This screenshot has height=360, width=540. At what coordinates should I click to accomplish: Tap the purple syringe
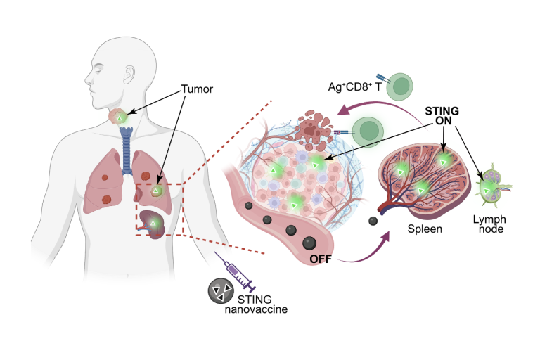(x=238, y=275)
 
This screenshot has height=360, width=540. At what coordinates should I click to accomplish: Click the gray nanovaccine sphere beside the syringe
(x=221, y=292)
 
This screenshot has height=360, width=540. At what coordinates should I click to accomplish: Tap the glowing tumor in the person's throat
(x=121, y=117)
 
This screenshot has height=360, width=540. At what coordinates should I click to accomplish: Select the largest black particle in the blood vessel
(x=309, y=244)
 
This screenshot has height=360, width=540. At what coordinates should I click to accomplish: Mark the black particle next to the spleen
(x=373, y=221)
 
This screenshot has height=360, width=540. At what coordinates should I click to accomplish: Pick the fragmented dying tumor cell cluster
(x=317, y=128)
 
